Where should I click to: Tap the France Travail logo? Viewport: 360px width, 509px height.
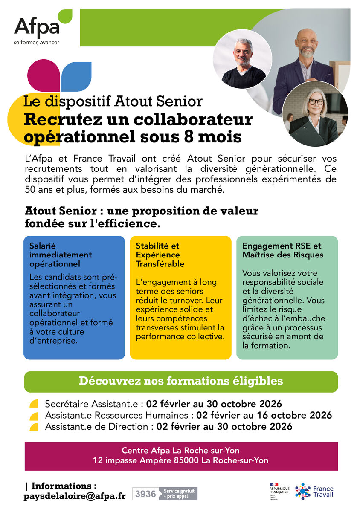coord(315,491)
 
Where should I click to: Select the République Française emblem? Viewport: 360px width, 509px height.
coord(279,489)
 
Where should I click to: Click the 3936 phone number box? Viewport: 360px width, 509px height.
coord(145,494)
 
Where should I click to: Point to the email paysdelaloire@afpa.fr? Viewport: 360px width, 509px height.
coord(75,496)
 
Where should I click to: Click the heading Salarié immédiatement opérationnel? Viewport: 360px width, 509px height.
coord(61,254)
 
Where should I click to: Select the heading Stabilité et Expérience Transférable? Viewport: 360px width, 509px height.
coord(160,254)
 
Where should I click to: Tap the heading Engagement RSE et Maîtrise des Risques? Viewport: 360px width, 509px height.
coord(282,250)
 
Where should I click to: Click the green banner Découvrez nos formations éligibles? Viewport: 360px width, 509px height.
coord(181,381)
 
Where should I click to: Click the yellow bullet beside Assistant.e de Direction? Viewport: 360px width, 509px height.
coord(34,427)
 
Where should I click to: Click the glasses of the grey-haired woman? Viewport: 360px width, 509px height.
coord(316,102)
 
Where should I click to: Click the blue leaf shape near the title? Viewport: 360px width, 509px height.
coord(77,75)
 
